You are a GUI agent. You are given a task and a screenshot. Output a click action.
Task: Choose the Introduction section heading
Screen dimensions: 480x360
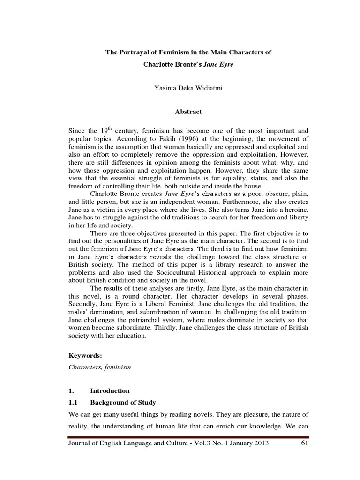point(110,390)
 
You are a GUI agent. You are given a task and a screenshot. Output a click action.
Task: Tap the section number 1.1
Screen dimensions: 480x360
point(74,403)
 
